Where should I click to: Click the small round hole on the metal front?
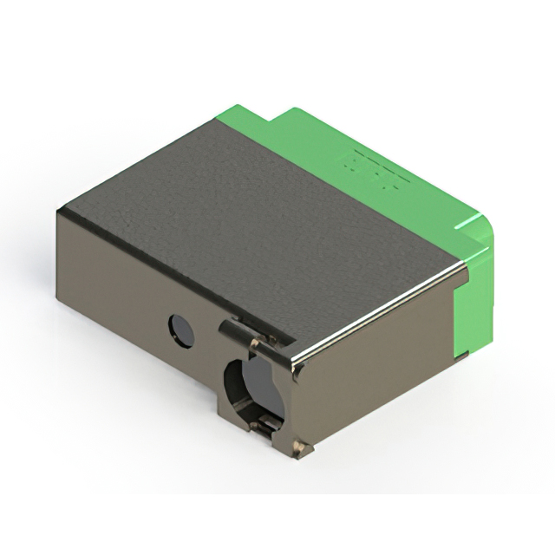click(x=180, y=330)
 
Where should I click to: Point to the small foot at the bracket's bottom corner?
click(x=300, y=448)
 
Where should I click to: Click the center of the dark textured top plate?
click(x=260, y=217)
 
